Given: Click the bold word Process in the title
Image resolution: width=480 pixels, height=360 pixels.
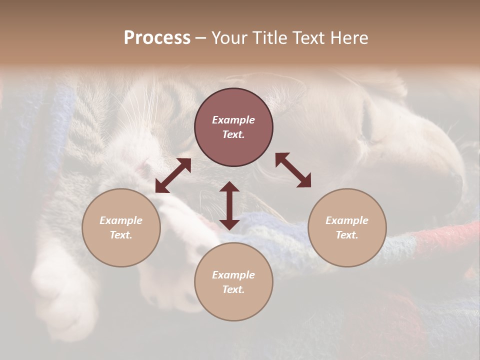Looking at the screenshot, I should pos(157,38).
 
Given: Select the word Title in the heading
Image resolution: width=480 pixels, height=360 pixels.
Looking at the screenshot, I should pos(270,38).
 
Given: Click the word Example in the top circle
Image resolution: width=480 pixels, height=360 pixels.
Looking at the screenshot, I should pos(233,120).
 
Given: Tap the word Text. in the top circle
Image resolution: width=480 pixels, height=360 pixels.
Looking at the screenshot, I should pos(233,134).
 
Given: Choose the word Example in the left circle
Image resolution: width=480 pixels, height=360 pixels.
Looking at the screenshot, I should pos(121,220).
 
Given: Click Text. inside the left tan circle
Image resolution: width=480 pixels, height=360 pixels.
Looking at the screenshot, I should pos(121,235).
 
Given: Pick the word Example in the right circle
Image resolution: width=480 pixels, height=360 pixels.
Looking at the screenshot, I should pos(347,220).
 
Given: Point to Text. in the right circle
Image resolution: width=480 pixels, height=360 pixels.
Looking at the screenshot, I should pos(347,235).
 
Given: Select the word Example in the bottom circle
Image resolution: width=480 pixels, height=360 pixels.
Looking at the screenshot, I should pos(233,275).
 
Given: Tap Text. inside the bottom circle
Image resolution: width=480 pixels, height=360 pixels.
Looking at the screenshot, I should pos(233,289).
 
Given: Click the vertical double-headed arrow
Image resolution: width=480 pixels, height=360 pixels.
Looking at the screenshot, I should pos(229,205).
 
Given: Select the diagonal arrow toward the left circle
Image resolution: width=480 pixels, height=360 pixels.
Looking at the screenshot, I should pos(173,175).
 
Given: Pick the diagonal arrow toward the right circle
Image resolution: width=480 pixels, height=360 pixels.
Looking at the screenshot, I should pos(293,170).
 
